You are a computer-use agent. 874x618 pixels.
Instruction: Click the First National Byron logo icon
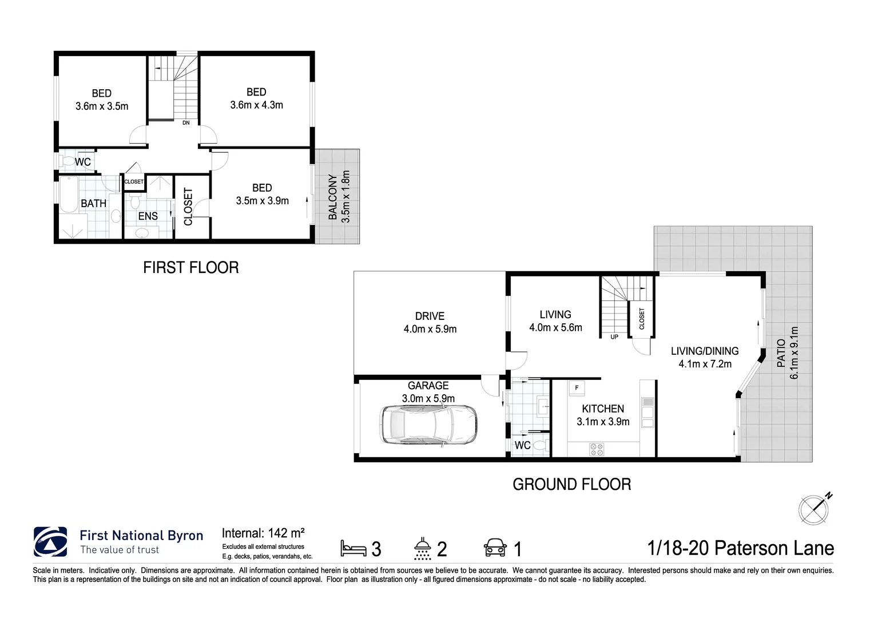click(50, 541)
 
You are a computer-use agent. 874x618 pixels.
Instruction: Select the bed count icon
click(353, 548)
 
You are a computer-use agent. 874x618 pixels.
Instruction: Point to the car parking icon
click(495, 548)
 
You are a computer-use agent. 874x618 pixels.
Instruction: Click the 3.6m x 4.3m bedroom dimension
click(256, 105)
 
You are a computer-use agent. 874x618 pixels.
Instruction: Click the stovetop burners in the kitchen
click(597, 450)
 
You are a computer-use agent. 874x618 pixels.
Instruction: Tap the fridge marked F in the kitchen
click(576, 388)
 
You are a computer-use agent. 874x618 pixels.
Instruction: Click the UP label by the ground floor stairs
click(614, 337)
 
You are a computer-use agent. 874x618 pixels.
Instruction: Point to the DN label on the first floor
click(186, 122)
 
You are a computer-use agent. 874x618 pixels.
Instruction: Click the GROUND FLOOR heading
click(571, 485)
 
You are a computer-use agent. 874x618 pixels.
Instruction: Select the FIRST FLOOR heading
click(190, 267)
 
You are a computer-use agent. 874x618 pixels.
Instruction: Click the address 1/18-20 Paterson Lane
click(741, 548)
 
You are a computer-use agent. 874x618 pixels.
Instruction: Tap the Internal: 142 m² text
click(263, 533)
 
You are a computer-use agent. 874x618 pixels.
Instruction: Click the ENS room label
click(148, 216)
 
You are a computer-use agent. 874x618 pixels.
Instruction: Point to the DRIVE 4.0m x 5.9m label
click(430, 322)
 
